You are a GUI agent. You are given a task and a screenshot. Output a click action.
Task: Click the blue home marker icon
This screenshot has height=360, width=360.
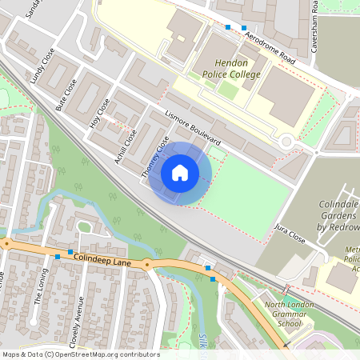(180, 173)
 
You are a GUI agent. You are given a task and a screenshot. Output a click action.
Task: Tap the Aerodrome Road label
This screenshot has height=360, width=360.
(259, 49)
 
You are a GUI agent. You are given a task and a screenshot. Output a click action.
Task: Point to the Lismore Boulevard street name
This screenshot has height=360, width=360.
(192, 128)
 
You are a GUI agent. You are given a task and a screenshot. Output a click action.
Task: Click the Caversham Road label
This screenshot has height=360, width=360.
(315, 16)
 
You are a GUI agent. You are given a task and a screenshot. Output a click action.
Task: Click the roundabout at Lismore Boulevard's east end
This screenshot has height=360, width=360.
(286, 142)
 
